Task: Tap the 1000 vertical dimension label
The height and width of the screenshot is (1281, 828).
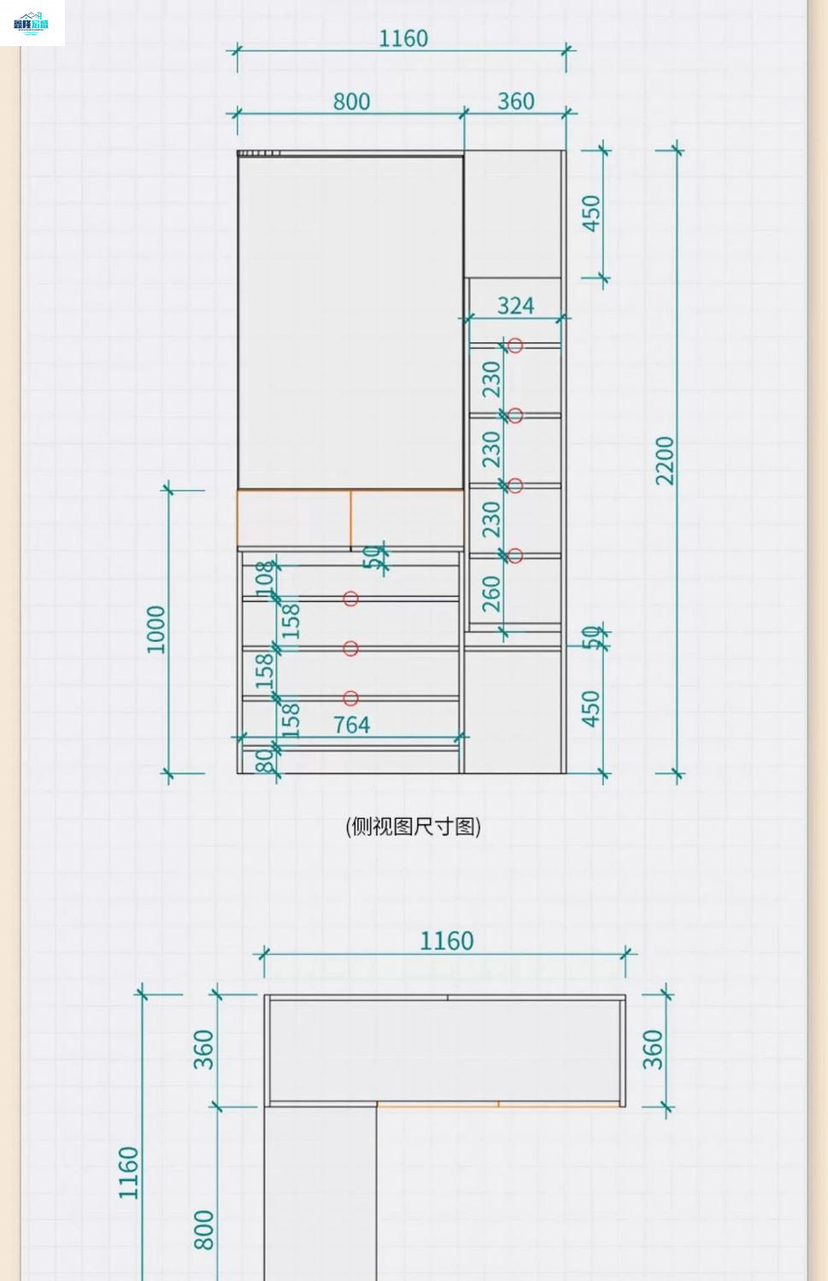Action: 156,629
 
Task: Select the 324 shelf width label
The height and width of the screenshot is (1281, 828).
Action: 515,306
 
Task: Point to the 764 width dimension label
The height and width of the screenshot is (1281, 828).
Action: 351,725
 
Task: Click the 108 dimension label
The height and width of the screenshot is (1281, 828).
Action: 266,577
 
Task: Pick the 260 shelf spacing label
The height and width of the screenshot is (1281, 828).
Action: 491,594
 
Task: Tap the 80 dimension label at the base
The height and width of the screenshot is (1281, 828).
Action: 266,757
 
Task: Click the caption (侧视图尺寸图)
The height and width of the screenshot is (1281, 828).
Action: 414,827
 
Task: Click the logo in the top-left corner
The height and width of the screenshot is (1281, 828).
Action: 32,23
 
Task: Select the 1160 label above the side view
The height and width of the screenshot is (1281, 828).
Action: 403,38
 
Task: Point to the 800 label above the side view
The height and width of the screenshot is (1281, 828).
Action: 351,102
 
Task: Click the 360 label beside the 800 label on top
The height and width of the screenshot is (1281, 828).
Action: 515,102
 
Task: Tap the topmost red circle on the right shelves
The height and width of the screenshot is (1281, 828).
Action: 515,345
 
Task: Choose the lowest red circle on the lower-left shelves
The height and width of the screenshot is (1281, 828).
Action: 350,699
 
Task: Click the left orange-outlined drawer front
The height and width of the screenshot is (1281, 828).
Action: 294,518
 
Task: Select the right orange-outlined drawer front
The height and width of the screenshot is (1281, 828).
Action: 407,518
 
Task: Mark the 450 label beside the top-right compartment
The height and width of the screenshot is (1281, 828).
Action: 591,213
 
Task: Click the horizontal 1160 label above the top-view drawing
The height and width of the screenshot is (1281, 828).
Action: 446,941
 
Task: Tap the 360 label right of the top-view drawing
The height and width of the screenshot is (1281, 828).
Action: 652,1050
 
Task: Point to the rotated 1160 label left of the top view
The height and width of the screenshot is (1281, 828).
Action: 129,1173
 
